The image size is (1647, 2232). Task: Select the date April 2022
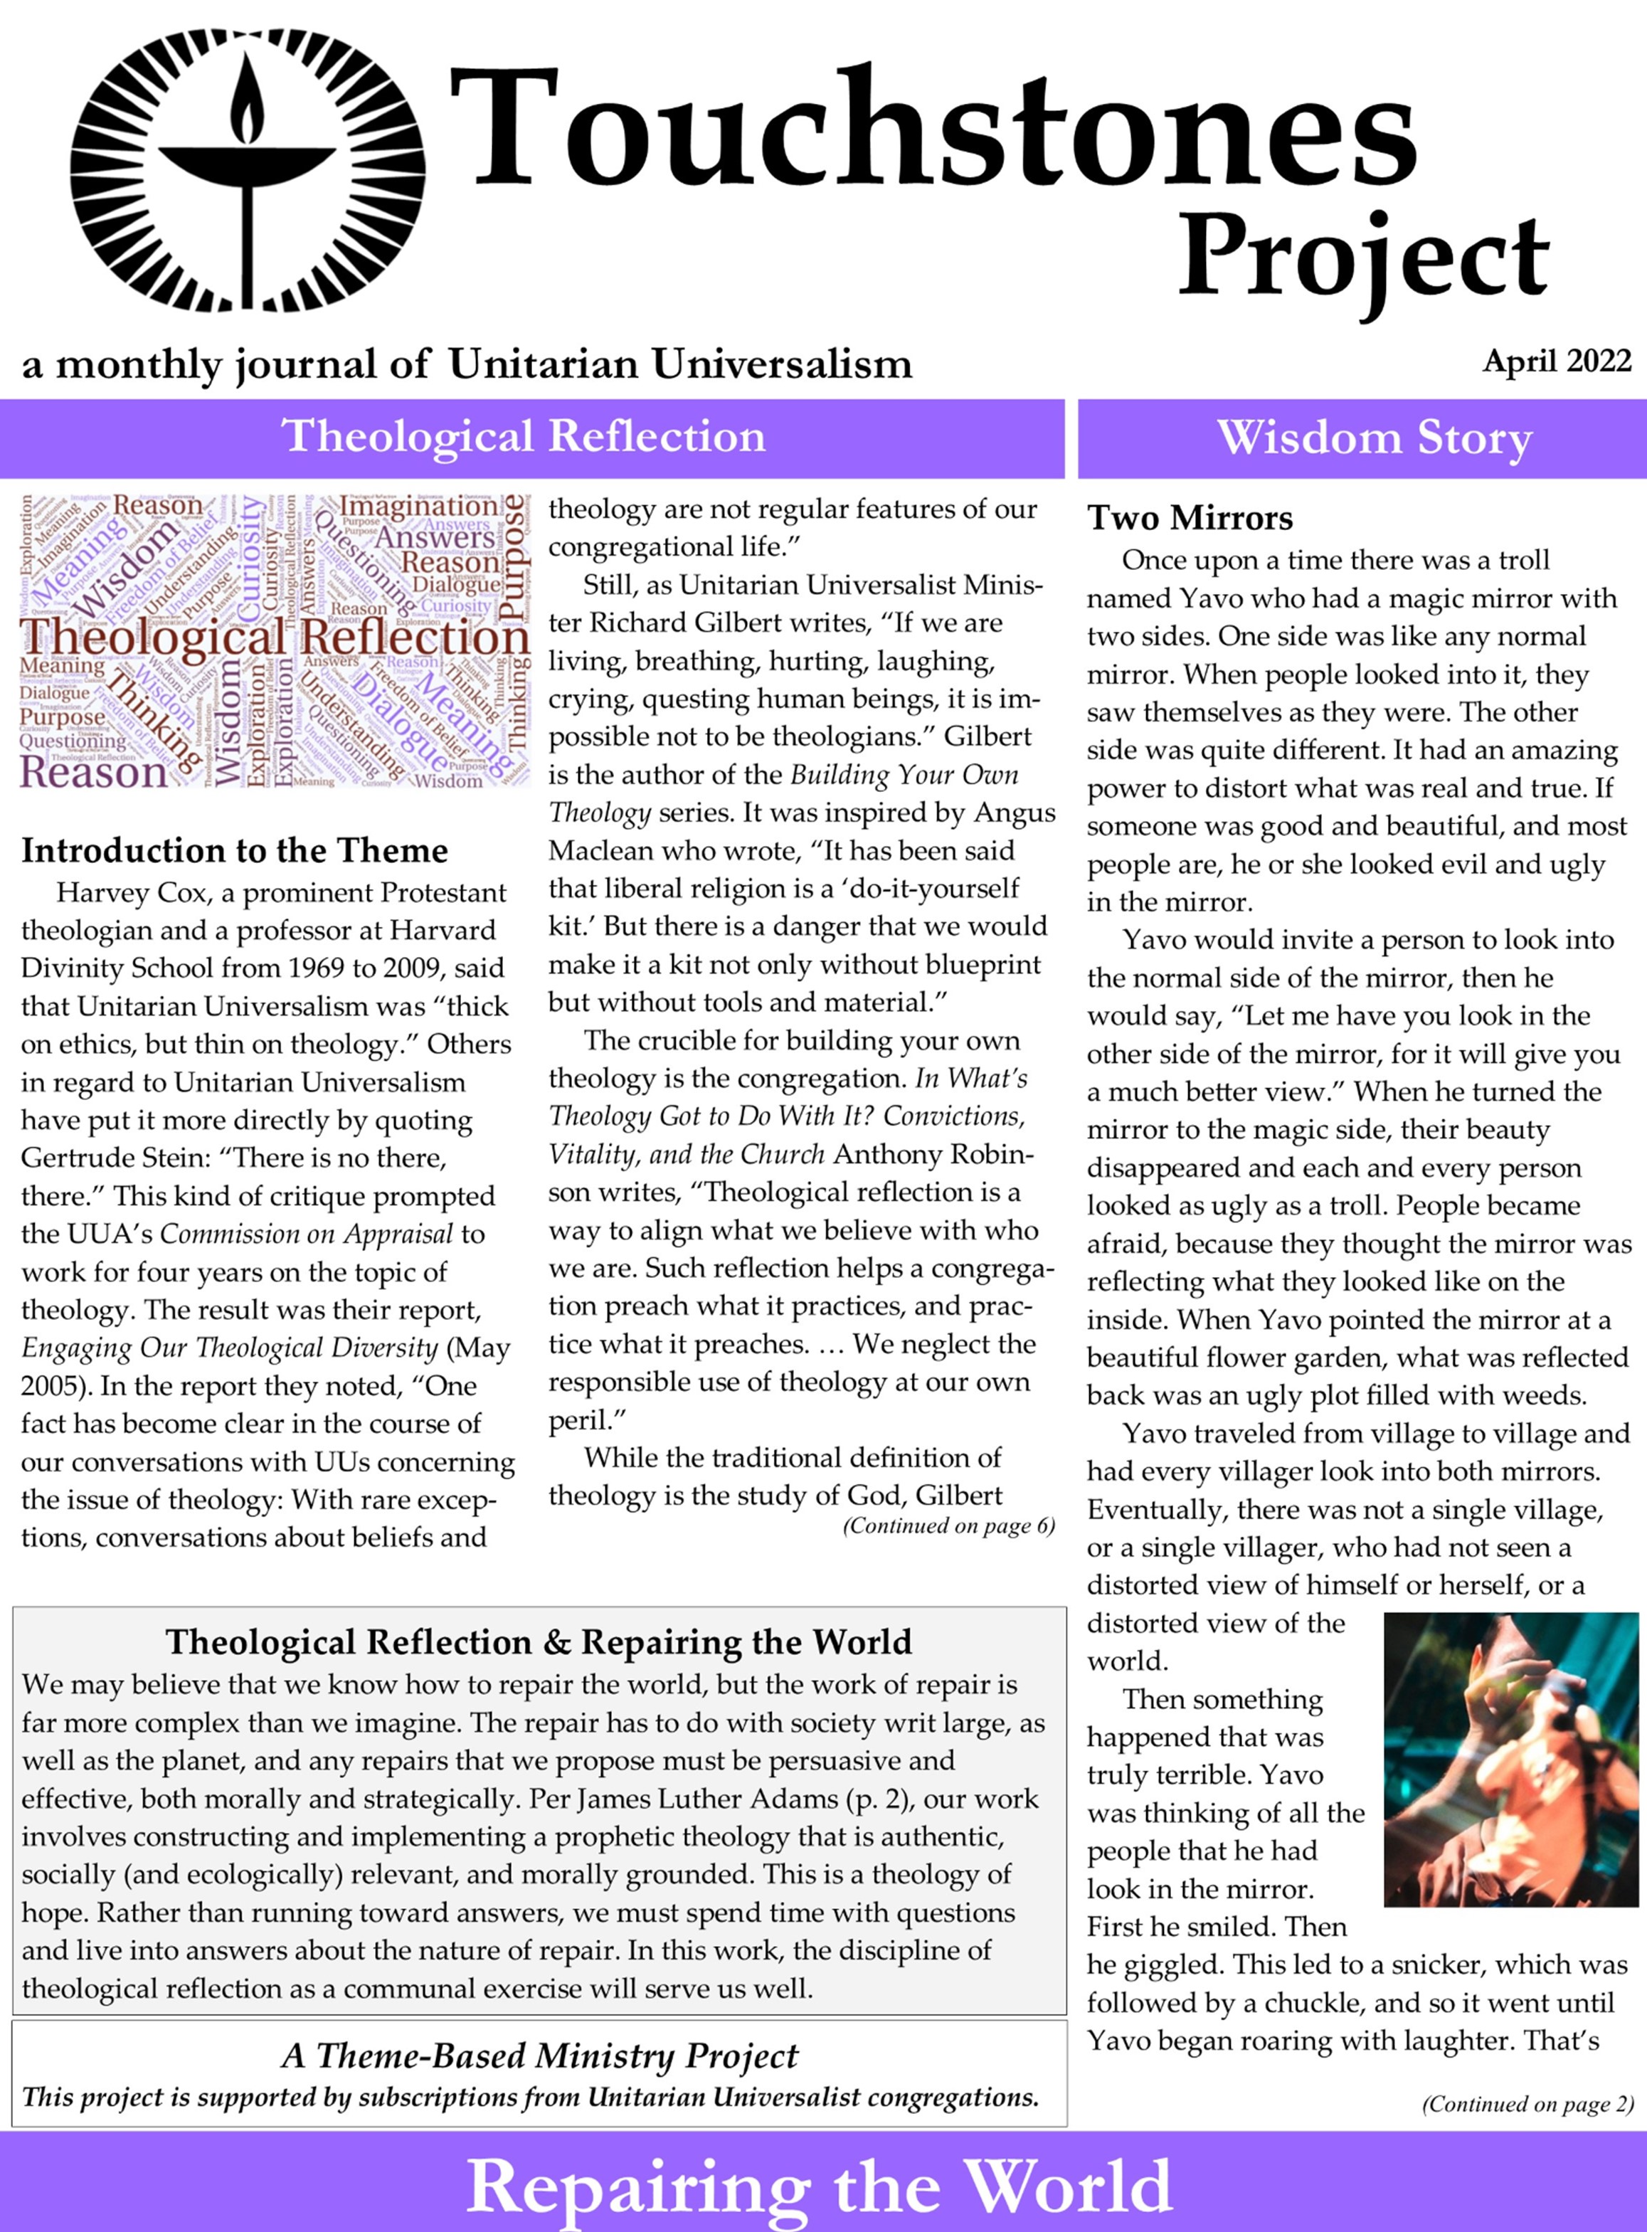pyautogui.click(x=1556, y=361)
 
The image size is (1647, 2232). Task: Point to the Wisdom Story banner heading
pyautogui.click(x=1374, y=438)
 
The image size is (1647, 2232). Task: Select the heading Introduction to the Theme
pyautogui.click(x=234, y=850)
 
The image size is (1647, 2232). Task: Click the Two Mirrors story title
pyautogui.click(x=1190, y=519)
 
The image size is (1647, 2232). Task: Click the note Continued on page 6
pyautogui.click(x=948, y=1526)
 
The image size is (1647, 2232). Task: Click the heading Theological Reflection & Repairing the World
pyautogui.click(x=539, y=1642)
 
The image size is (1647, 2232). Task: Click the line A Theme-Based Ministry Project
pyautogui.click(x=539, y=2056)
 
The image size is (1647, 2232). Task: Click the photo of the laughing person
pyautogui.click(x=1510, y=1760)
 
